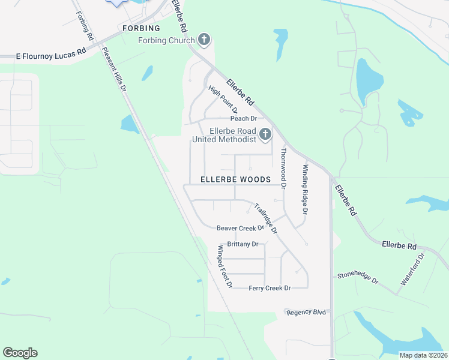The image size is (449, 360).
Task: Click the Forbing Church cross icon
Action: pos(204,40)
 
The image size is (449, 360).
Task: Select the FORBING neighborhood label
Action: pos(142,28)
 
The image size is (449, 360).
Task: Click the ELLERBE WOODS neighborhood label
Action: pos(235,179)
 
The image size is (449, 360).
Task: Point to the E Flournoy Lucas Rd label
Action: pos(51,54)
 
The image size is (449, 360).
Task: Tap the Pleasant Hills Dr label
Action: pos(115,69)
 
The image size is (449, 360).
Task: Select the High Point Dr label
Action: pos(223,100)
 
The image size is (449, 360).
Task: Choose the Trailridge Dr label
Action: pos(265,218)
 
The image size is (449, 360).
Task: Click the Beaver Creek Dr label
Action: pos(240,228)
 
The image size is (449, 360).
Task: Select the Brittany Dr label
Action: pos(243,244)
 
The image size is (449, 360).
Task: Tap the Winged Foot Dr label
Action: pos(224,266)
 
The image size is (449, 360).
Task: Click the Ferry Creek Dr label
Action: pos(270,288)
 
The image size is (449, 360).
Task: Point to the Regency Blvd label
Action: pos(306,312)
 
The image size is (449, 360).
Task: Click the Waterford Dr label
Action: pos(412,269)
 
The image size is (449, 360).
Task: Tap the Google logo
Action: pos(20,353)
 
